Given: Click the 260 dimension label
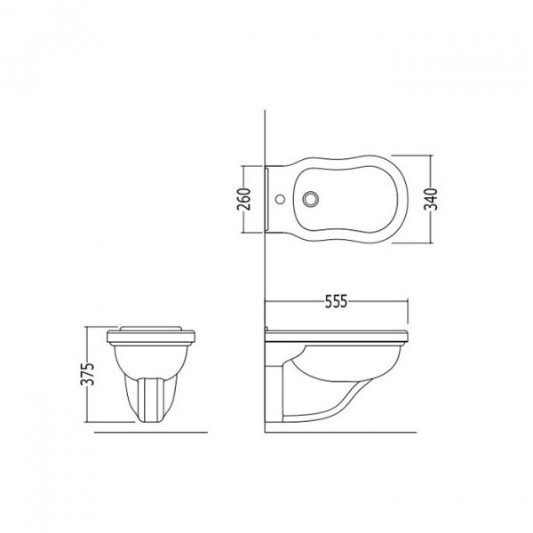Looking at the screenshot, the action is click(x=245, y=199).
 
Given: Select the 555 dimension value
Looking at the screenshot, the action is click(x=336, y=301).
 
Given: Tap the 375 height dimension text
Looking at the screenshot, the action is click(x=88, y=374).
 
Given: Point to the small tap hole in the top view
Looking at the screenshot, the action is click(x=280, y=199).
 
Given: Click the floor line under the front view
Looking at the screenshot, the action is click(x=151, y=433).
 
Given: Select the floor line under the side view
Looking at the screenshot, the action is click(x=340, y=433).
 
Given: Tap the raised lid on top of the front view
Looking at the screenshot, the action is click(x=151, y=329).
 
